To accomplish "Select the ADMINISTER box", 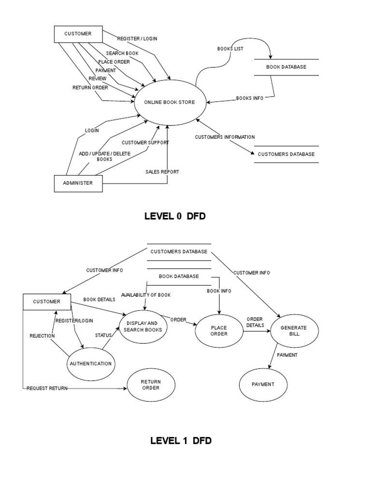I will pos(78,183).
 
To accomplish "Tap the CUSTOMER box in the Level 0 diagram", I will pos(78,34).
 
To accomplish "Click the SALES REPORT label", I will pos(162,172).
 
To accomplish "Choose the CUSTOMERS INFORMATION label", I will pos(225,137).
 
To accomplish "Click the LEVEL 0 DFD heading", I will pos(175,216).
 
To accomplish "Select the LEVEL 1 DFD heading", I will pos(181,440).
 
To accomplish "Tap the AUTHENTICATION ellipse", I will pos(91,364).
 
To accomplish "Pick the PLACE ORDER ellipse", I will pos(219,331).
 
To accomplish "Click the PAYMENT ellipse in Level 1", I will pos(263,384).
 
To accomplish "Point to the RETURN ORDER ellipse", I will pos(151,385).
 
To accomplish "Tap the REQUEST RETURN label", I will pos(47,388).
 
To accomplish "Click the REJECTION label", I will pos(42,336).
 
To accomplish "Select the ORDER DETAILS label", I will pos(255,322).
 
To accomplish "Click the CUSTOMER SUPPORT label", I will pos(145,143).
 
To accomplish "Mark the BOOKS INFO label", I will pos(250,98).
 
